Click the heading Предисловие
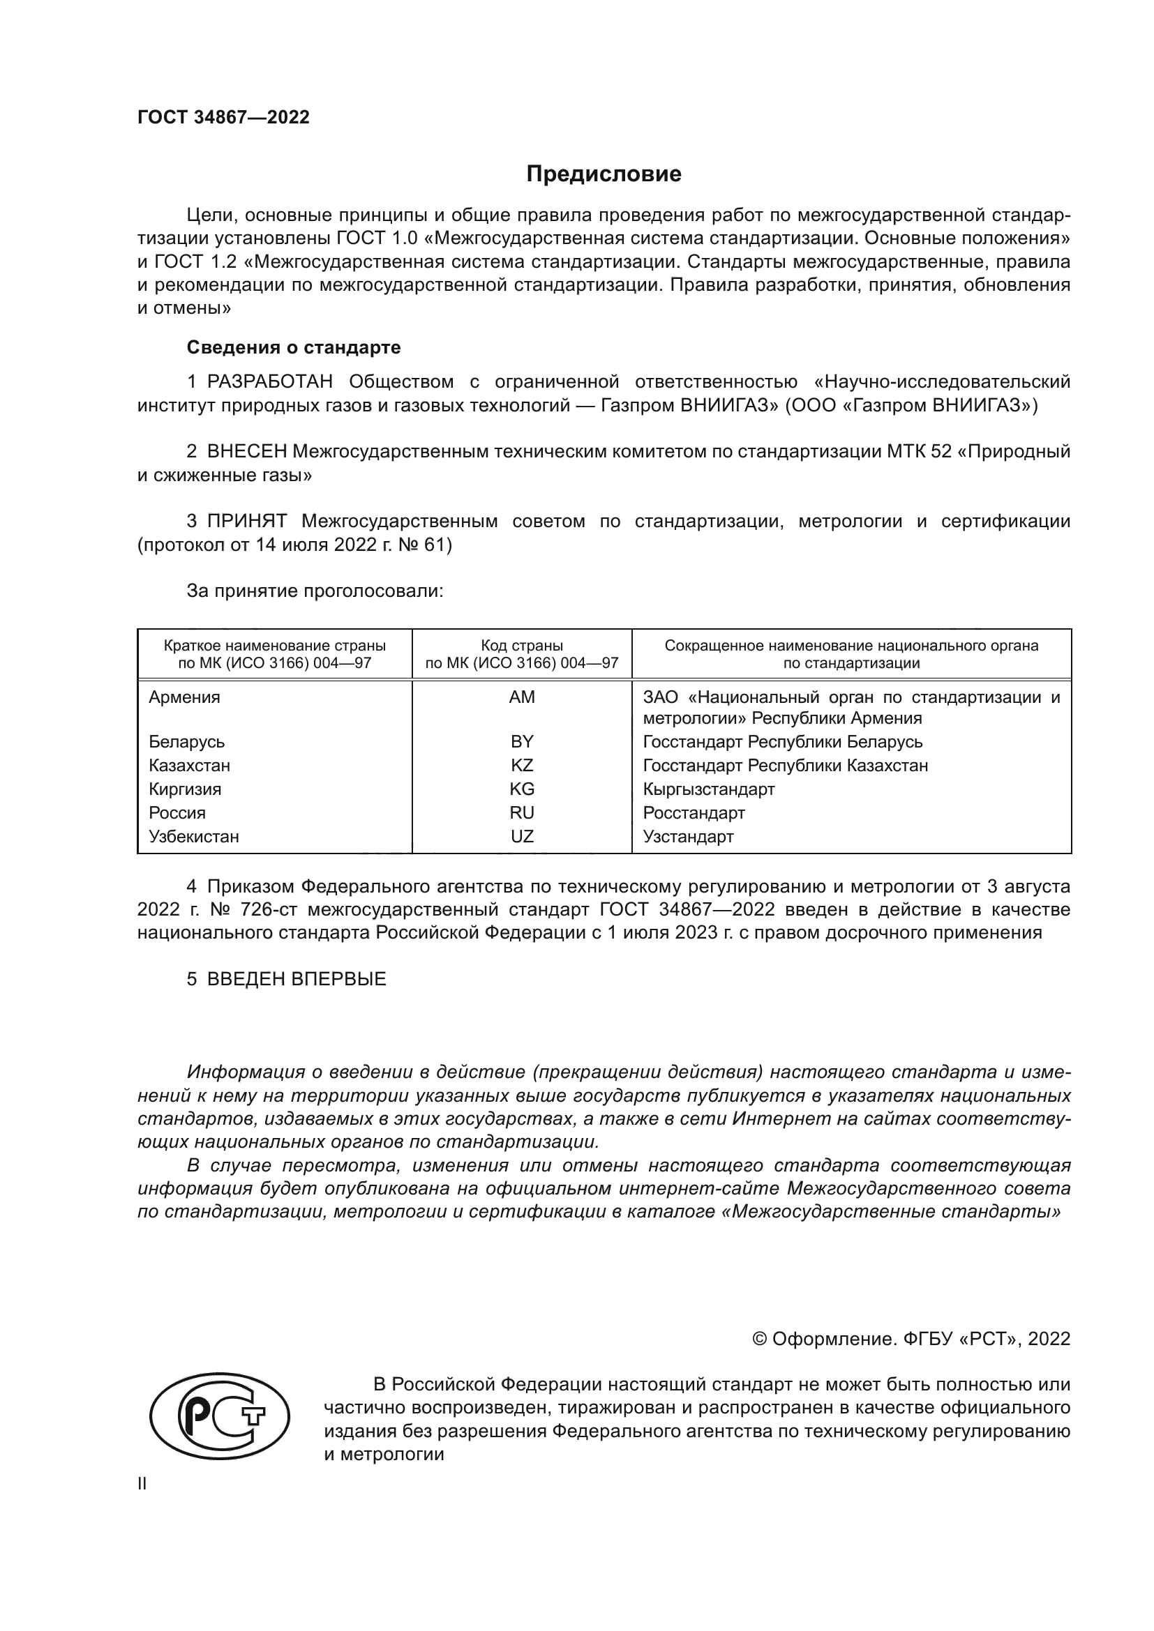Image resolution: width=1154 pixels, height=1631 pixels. click(x=604, y=174)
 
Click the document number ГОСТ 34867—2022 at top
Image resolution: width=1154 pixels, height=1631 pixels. click(x=223, y=117)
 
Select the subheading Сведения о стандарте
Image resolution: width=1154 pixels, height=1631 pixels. click(x=294, y=347)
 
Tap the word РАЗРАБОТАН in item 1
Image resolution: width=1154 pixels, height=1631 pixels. click(x=269, y=381)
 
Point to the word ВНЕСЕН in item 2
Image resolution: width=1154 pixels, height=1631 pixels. click(x=246, y=451)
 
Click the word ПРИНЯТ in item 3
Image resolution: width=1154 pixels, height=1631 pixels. click(x=246, y=521)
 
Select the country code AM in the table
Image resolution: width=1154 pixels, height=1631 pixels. click(x=522, y=697)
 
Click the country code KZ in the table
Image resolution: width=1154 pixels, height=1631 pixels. click(x=522, y=765)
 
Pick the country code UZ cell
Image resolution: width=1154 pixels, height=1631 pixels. click(x=522, y=836)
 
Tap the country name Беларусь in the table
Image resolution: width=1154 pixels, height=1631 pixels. click(x=186, y=742)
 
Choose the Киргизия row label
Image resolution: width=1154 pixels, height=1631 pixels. click(x=185, y=789)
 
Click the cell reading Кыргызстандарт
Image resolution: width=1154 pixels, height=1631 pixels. click(x=708, y=789)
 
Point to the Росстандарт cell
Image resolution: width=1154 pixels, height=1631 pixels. click(x=694, y=812)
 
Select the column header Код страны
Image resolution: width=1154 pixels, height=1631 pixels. click(x=522, y=646)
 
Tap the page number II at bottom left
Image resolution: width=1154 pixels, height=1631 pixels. click(x=142, y=1483)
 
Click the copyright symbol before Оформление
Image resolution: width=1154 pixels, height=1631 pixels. click(x=759, y=1339)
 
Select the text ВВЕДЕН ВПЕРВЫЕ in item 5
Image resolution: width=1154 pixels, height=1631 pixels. click(x=297, y=979)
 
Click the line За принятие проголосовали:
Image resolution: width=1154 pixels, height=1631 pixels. click(x=315, y=591)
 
